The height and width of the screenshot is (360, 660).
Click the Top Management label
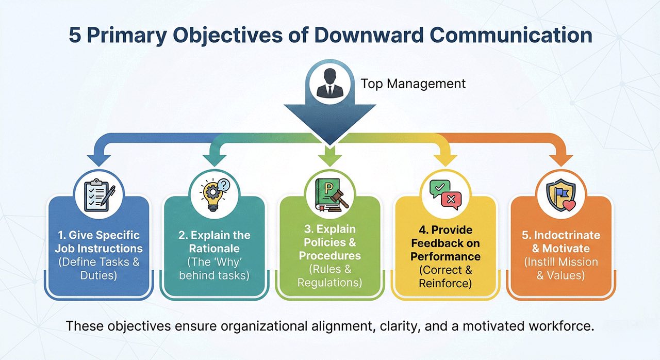tap(413, 84)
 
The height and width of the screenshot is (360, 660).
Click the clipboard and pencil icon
tap(98, 194)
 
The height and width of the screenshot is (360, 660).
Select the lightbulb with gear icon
tap(213, 194)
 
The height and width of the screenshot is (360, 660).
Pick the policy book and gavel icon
tap(329, 194)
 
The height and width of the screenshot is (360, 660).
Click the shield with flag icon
tap(560, 194)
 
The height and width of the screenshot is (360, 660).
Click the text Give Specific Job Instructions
tap(98, 241)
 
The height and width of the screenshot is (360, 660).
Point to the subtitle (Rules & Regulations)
tap(329, 276)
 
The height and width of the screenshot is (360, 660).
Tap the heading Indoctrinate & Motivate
tap(560, 241)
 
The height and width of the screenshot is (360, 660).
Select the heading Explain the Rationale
tap(214, 241)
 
